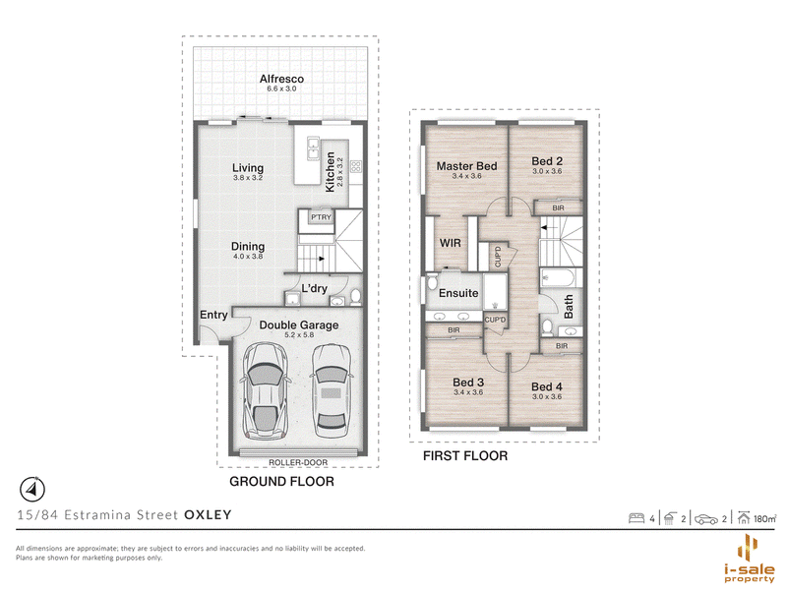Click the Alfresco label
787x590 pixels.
(x=281, y=79)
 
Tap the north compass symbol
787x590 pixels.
(x=32, y=489)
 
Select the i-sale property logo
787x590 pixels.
(x=750, y=559)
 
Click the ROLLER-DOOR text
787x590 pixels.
(x=298, y=462)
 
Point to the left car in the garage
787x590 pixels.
(x=265, y=390)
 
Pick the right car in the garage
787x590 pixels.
(x=331, y=390)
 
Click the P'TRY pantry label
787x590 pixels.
(x=321, y=217)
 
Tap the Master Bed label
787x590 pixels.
(x=466, y=166)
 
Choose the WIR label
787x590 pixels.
(x=451, y=243)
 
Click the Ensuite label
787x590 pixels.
(x=458, y=293)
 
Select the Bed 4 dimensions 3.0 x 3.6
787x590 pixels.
(x=547, y=396)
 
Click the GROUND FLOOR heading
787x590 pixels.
(x=281, y=482)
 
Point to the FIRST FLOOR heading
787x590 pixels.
(x=465, y=456)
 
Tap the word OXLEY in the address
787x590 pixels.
(x=208, y=514)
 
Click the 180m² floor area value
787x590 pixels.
(x=764, y=519)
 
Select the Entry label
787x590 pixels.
(x=213, y=315)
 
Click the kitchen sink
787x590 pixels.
(x=313, y=148)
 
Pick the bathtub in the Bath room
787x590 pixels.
(x=561, y=277)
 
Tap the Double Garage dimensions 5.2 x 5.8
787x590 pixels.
(x=299, y=335)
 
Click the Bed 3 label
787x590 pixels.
(x=468, y=383)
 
